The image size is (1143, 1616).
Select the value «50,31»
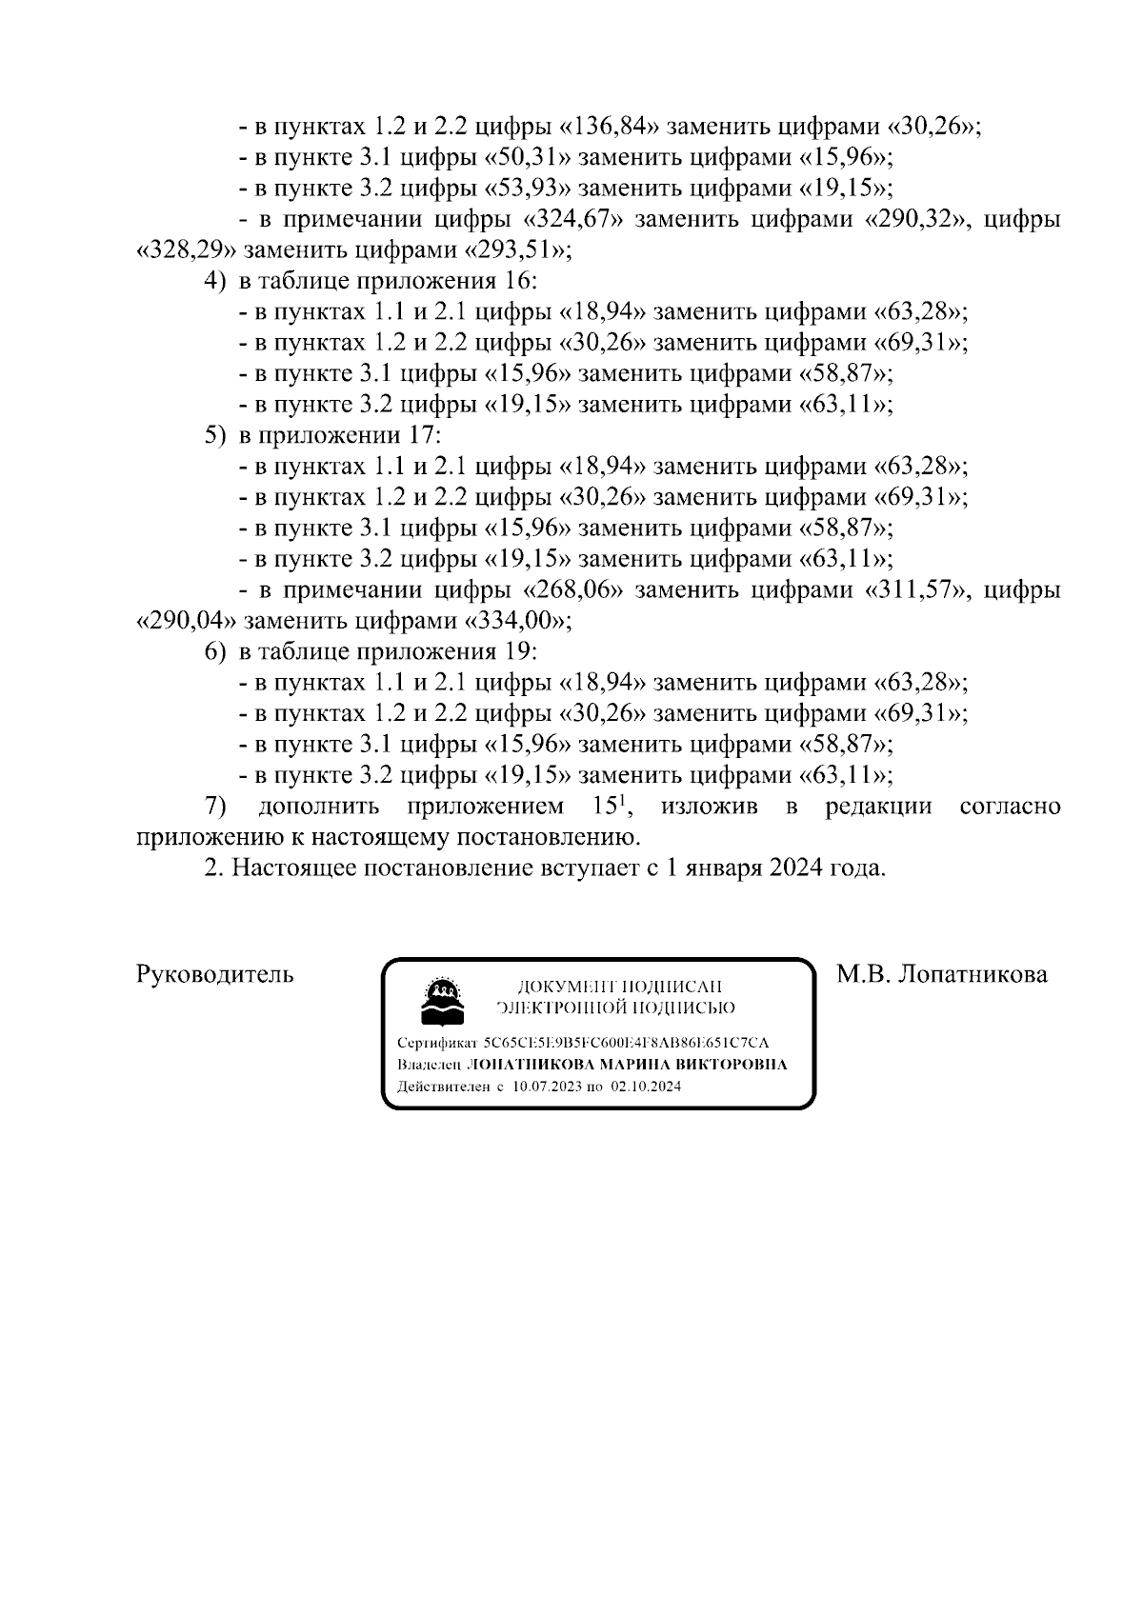coord(530,157)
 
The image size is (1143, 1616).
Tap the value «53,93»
coord(530,188)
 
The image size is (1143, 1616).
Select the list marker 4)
coord(215,282)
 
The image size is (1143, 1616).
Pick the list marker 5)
coord(215,436)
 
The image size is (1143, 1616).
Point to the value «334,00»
coord(515,621)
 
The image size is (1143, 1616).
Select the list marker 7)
coord(215,807)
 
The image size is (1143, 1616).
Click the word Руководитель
coord(215,974)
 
